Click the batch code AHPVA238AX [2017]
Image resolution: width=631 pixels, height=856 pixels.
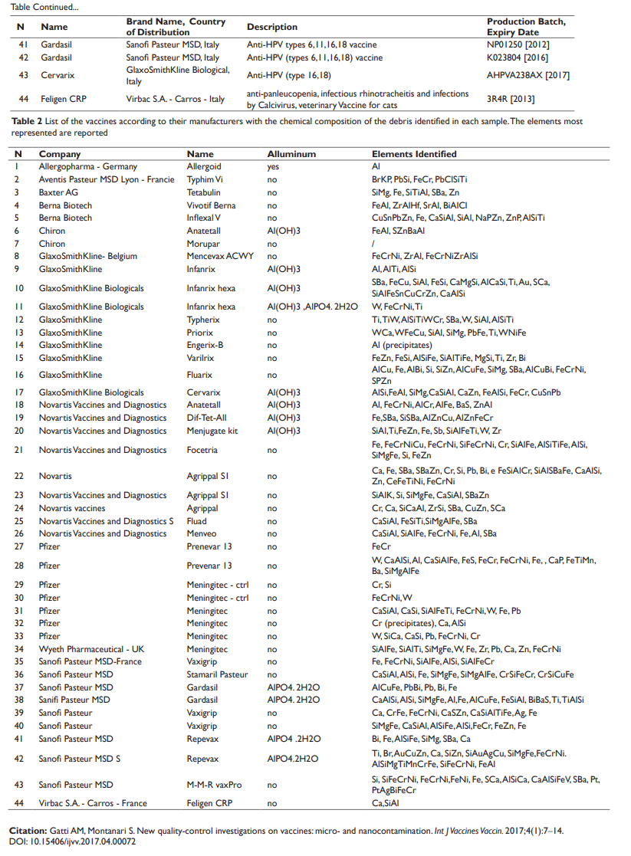528,75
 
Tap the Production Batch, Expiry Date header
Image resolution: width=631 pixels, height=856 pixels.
526,27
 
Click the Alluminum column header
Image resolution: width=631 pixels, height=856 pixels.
291,154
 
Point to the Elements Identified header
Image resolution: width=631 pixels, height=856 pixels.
414,154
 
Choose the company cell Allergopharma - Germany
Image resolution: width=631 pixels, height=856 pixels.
88,166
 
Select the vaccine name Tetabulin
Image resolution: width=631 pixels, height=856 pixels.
204,192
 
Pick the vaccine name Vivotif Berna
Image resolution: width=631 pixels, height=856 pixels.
211,205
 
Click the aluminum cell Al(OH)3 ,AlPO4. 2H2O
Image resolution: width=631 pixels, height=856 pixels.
312,307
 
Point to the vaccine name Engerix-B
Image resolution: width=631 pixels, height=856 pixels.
205,345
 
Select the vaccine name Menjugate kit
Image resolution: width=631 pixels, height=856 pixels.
212,431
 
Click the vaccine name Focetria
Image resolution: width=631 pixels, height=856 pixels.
202,450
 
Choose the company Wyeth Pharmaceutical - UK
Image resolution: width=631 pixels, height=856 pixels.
91,649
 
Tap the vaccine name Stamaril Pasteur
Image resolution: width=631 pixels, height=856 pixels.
218,674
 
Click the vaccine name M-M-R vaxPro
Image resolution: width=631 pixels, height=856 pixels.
214,785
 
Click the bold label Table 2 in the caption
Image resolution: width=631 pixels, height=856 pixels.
28,121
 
